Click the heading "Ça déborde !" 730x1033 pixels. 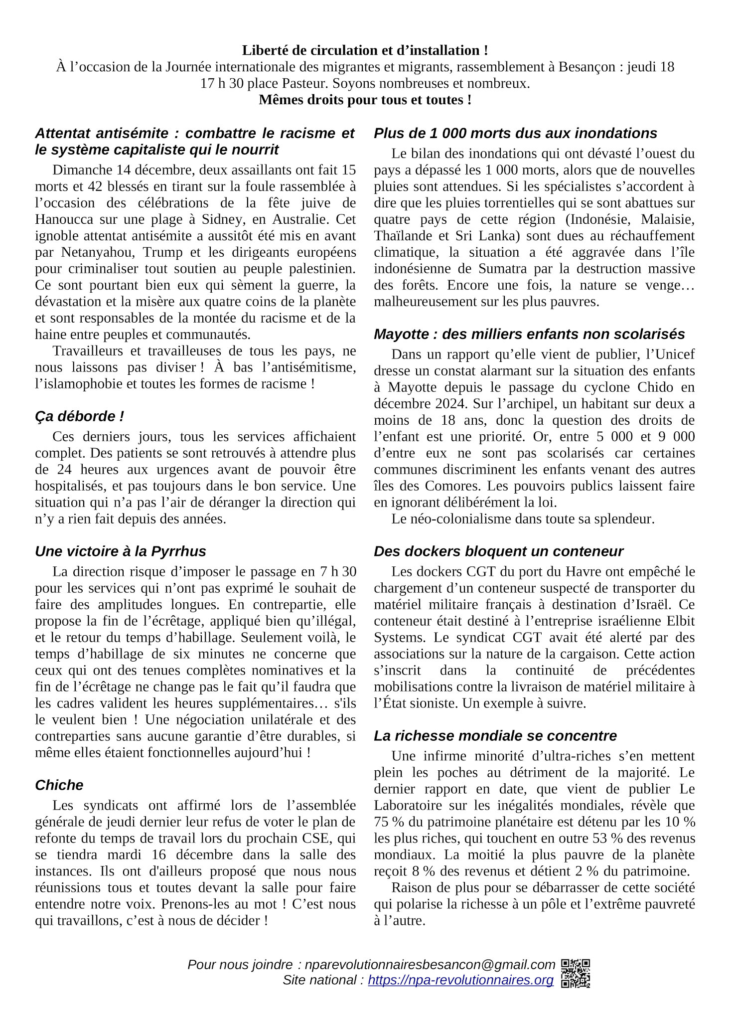point(79,416)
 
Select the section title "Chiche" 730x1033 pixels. point(59,785)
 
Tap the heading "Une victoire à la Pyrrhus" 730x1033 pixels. point(120,551)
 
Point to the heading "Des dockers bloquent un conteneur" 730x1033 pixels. point(498,551)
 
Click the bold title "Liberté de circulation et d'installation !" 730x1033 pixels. point(365,50)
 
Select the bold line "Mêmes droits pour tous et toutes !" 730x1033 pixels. point(365,100)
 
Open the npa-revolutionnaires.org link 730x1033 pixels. point(460,980)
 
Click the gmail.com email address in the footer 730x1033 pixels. point(430,965)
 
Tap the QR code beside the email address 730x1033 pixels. point(576,972)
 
